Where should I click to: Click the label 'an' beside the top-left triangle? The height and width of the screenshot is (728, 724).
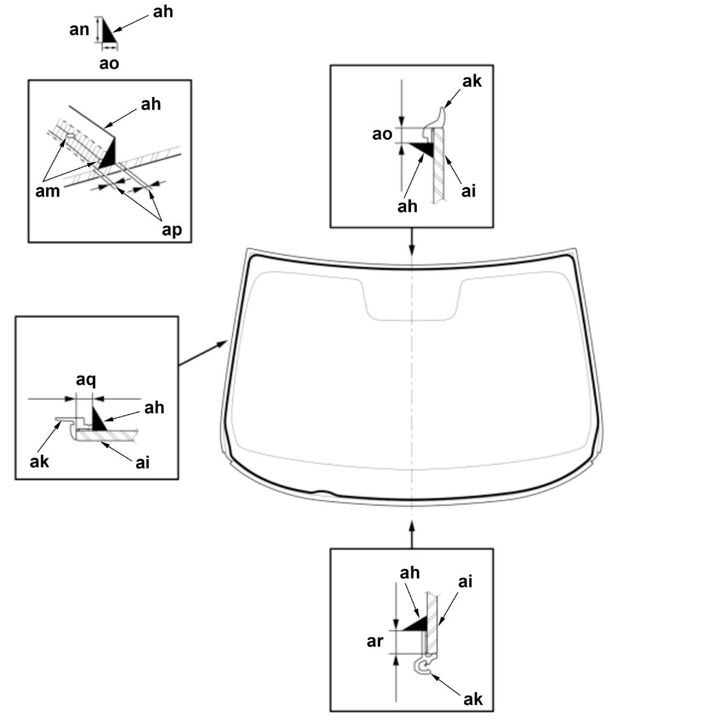pos(79,29)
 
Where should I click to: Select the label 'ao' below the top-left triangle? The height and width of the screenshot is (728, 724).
pos(109,63)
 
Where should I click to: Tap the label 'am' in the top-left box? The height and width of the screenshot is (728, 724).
pos(48,191)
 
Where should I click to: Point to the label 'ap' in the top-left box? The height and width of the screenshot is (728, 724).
pos(172,229)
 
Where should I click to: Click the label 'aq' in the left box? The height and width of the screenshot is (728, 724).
pos(86,380)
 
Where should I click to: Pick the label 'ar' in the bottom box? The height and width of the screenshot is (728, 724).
pos(375,641)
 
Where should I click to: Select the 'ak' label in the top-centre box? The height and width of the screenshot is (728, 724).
pos(472,81)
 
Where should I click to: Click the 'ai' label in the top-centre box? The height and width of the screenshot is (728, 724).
pos(468,191)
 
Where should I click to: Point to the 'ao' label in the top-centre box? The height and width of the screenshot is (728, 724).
pos(382,134)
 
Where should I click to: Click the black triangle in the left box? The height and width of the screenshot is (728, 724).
pos(98,420)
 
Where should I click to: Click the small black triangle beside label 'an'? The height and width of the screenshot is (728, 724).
pos(107,31)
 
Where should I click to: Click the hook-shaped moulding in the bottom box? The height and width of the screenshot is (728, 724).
pos(422,666)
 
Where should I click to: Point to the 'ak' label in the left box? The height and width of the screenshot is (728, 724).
pos(39,461)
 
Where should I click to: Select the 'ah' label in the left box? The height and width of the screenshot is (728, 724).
pos(154,408)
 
